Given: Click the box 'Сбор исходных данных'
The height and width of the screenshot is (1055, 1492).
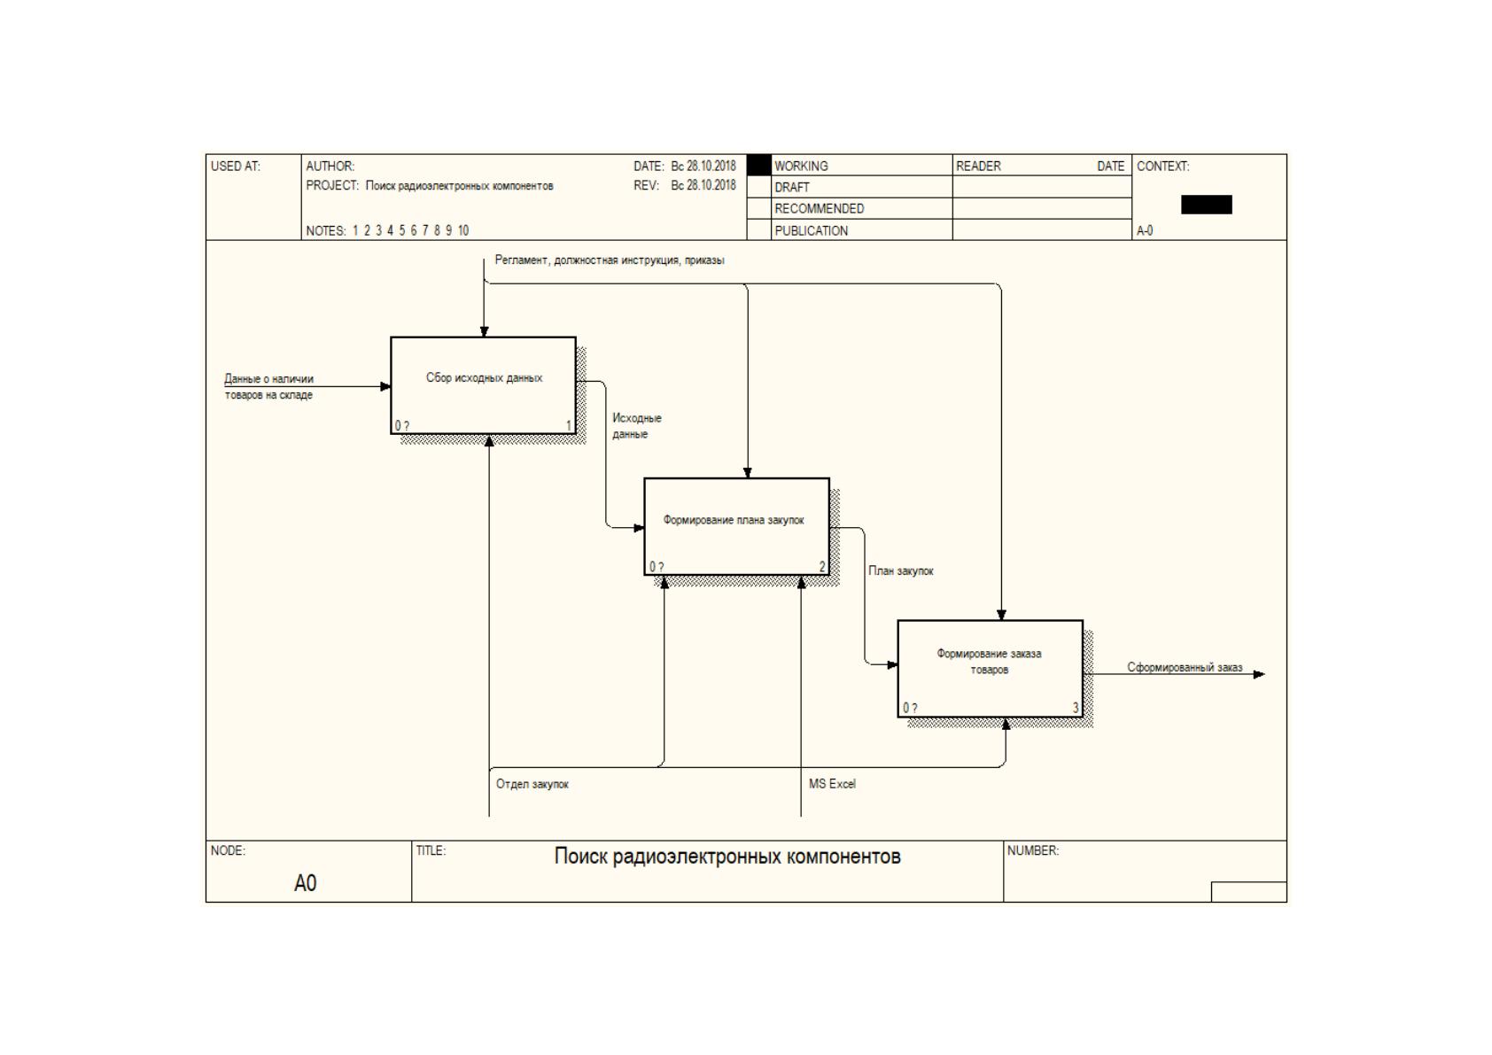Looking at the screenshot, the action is [x=484, y=385].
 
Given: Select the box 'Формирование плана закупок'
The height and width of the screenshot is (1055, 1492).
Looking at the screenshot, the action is [x=736, y=527].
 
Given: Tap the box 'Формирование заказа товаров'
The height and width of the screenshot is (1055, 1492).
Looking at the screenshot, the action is [x=991, y=669].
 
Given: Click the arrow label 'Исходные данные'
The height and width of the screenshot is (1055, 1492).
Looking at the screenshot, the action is [x=637, y=426].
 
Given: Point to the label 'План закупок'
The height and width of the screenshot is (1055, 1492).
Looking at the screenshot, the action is [x=900, y=570].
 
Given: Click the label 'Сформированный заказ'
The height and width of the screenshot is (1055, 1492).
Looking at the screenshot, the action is [x=1185, y=667].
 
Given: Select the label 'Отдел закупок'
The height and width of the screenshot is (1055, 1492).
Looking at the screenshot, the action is [x=532, y=784].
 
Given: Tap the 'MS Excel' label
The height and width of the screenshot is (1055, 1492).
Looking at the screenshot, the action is [x=832, y=784].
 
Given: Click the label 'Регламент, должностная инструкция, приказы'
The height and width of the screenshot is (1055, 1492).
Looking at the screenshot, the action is [x=610, y=260].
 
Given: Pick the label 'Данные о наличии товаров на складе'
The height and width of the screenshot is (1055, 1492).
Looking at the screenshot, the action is [x=269, y=386].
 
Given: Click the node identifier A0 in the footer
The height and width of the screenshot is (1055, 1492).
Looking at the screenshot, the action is [x=305, y=883].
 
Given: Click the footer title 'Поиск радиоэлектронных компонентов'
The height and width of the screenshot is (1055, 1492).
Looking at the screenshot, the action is [x=727, y=856].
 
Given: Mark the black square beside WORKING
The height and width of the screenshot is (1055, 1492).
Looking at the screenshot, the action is [x=758, y=165].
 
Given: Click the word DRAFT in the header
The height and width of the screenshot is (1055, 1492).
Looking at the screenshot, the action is [x=792, y=187].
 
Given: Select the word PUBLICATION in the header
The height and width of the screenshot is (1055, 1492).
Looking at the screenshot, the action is [x=812, y=230].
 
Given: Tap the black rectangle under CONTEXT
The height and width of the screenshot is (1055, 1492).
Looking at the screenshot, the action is [x=1206, y=205].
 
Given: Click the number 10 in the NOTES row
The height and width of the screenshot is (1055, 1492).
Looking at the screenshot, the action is [x=462, y=230].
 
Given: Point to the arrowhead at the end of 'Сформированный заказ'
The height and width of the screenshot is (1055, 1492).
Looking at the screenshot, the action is [x=1260, y=674].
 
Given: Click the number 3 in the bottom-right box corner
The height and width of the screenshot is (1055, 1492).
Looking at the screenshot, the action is [x=1075, y=708].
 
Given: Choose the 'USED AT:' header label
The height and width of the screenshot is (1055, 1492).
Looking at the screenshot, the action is [x=235, y=166].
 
